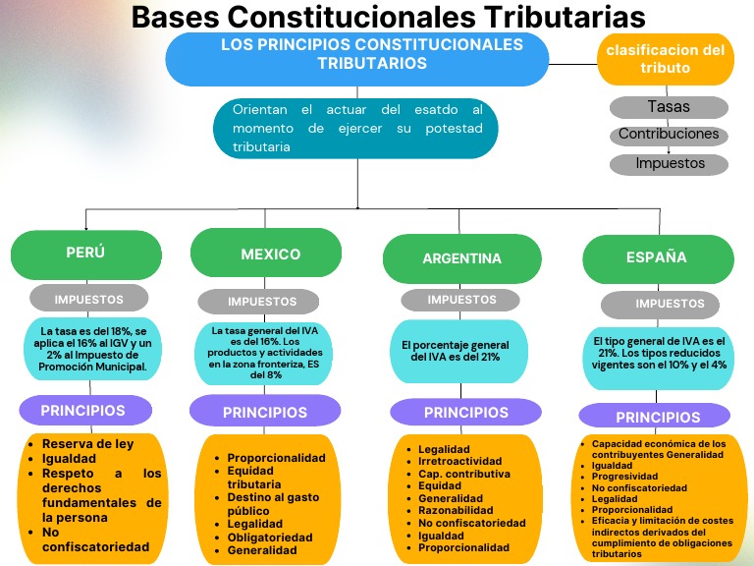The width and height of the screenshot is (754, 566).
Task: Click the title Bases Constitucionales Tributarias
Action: [388, 18]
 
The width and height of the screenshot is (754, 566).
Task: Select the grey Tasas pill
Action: [669, 106]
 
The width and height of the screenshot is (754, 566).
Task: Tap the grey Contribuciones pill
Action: [669, 135]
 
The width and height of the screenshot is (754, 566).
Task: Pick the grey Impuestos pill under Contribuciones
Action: [669, 163]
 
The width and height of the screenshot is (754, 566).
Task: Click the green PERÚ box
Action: [85, 254]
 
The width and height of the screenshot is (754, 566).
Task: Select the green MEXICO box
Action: [271, 255]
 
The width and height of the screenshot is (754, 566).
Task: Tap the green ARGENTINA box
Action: [461, 258]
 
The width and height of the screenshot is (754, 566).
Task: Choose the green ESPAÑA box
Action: [657, 257]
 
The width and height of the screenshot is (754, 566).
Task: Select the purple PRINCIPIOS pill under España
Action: [658, 417]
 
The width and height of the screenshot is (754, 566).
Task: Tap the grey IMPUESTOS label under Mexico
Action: [262, 302]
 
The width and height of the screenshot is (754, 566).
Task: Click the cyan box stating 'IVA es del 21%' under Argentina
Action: [456, 351]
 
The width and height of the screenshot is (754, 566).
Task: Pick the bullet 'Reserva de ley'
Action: [87, 444]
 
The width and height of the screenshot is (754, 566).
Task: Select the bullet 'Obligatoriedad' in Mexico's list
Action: [270, 538]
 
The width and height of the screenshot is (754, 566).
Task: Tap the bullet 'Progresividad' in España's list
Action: [625, 476]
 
